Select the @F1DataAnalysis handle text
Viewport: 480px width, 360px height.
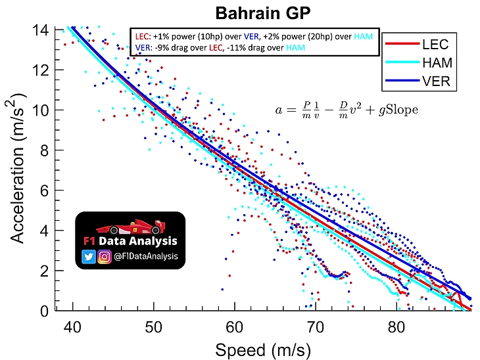pos(146,257)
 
